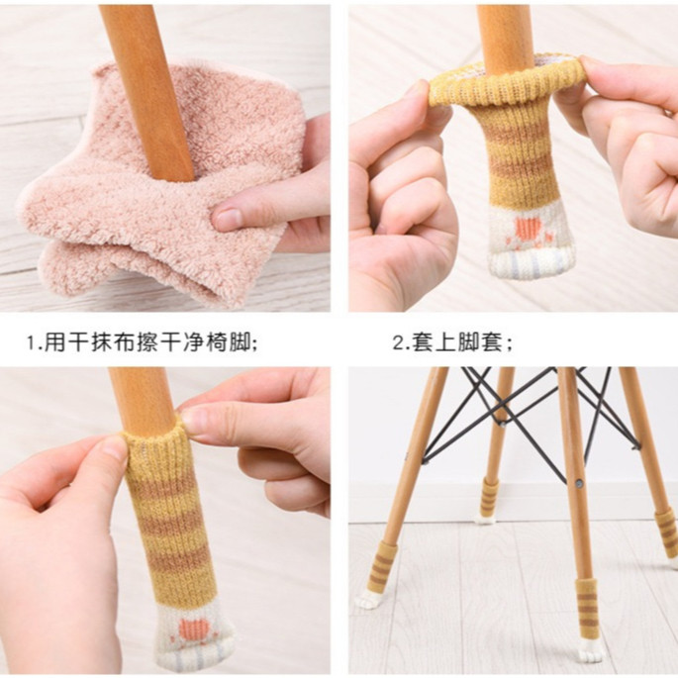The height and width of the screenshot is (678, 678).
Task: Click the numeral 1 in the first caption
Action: click(32, 342)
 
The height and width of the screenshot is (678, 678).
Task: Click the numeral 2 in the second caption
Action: click(398, 342)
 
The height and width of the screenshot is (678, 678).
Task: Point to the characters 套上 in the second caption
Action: click(434, 342)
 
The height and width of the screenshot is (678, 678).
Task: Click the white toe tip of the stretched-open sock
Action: click(527, 263)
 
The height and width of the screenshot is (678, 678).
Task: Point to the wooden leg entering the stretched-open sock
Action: click(504, 35)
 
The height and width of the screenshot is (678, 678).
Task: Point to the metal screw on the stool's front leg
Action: click(579, 481)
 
